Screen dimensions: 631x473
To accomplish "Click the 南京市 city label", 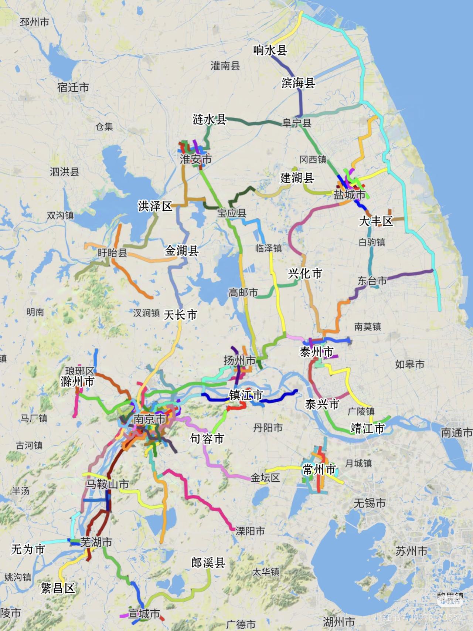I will [x=149, y=419].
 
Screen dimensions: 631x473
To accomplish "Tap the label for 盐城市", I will [x=350, y=194].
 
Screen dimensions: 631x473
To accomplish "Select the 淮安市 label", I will [x=196, y=159].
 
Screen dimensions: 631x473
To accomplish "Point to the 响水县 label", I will [x=270, y=50].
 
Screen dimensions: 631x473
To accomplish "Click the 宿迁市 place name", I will [x=73, y=88].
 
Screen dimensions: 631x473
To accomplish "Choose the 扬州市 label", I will [x=239, y=360].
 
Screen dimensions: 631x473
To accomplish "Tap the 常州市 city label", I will [x=319, y=469].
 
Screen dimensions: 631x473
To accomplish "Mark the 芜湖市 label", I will [x=96, y=542].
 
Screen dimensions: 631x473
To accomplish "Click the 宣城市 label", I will [x=144, y=614].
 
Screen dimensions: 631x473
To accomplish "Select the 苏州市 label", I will [x=411, y=551].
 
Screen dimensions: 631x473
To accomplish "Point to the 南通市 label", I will [x=457, y=432].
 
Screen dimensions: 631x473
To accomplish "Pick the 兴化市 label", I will [x=305, y=274].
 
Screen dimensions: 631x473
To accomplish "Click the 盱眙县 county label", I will [x=112, y=253].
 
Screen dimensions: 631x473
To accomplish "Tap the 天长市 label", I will [x=180, y=315].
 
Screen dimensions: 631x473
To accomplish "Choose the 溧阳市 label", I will [x=250, y=531].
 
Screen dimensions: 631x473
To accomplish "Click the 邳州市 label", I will [x=34, y=22].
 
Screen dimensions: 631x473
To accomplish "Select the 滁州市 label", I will [x=78, y=381].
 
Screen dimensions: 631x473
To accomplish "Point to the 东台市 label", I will [x=372, y=281].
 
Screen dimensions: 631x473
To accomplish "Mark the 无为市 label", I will [x=28, y=549].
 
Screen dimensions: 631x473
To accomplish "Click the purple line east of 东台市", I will [x=410, y=274].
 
